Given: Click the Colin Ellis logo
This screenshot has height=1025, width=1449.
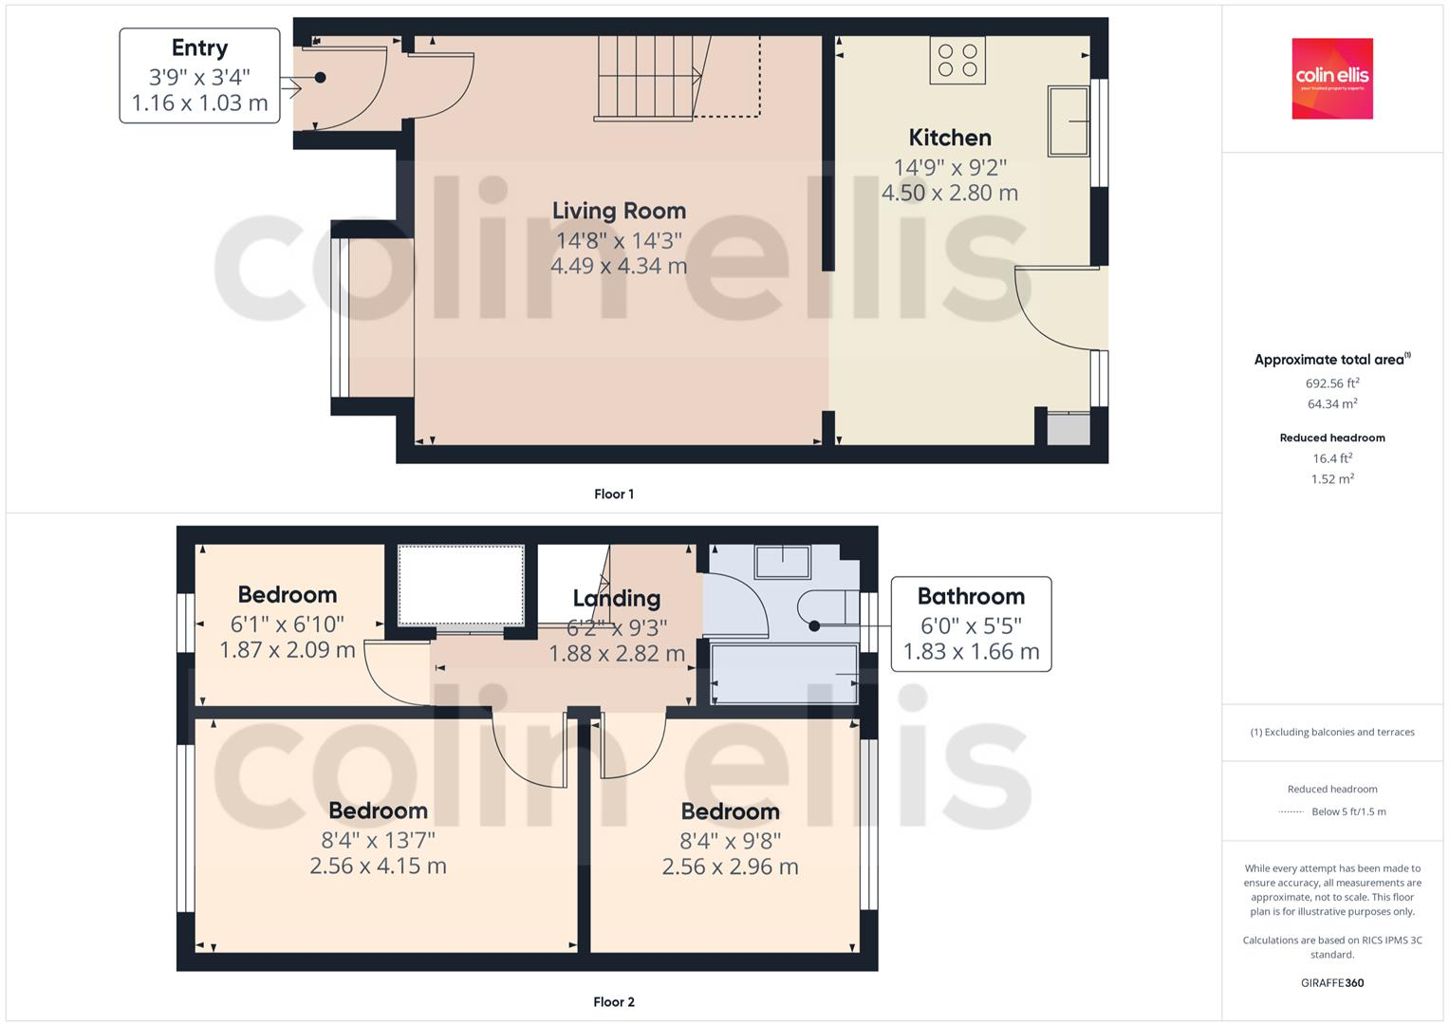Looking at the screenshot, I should coord(1332,78).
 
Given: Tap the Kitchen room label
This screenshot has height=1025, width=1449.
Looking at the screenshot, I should coord(950,138).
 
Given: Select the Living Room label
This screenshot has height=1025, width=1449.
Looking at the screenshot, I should coord(619,211).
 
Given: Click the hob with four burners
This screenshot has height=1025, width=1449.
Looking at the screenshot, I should coord(957,60).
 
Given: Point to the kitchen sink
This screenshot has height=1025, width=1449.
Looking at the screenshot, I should coord(1068,121).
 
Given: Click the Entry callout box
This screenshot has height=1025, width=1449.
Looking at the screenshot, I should coord(199,76).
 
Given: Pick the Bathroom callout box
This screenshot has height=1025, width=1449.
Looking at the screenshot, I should coord(971,624).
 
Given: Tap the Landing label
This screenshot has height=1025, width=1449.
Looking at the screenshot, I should coord(617,598).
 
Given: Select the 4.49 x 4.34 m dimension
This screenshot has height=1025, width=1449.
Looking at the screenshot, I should coord(619,266).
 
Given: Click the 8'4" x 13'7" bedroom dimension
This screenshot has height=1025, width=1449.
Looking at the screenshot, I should coord(378,840).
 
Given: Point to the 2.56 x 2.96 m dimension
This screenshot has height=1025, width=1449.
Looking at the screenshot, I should coord(730,867).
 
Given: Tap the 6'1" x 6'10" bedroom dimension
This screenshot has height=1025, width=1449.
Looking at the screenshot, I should coord(287,624).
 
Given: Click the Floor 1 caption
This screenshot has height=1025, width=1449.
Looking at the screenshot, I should coord(614,494).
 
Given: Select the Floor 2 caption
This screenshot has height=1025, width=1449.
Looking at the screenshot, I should coord(614,1002).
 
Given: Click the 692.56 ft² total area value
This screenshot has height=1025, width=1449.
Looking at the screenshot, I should coord(1332,383).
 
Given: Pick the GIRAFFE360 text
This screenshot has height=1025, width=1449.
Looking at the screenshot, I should coord(1332,983).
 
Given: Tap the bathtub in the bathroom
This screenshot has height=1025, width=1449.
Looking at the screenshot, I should coord(785,675).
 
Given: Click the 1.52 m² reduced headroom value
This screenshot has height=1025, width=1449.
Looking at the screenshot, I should coord(1332,479).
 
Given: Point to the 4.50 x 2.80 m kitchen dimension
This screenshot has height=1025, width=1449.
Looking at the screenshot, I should coord(950,194).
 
